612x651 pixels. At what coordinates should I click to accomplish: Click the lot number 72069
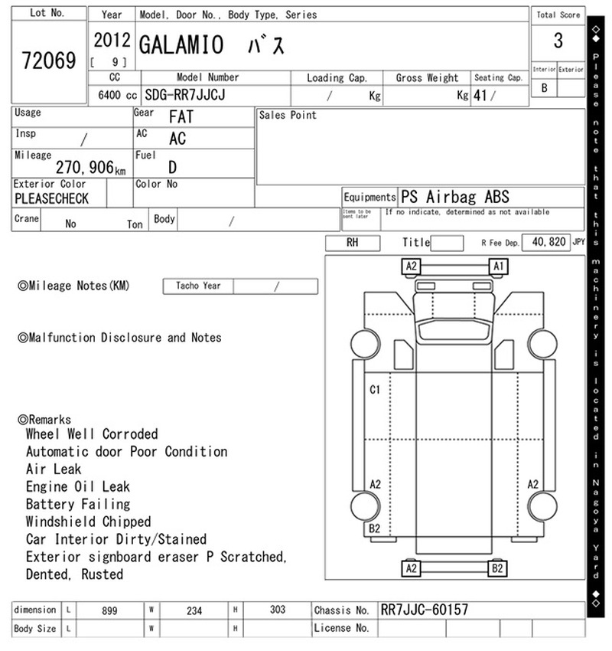coord(49,61)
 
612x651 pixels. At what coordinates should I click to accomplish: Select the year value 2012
coord(112,41)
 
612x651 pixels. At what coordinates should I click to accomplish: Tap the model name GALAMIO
coord(181,45)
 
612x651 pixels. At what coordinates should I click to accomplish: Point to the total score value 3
coord(558,41)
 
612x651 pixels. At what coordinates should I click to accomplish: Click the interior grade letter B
coord(544,88)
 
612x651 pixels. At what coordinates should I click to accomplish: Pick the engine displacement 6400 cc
coord(118,95)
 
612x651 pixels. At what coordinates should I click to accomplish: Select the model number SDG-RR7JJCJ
coord(185,95)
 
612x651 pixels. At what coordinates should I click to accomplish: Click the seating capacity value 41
coord(480,96)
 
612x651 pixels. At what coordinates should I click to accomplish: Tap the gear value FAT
coord(181,117)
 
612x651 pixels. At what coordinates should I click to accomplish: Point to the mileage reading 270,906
coord(85,167)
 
